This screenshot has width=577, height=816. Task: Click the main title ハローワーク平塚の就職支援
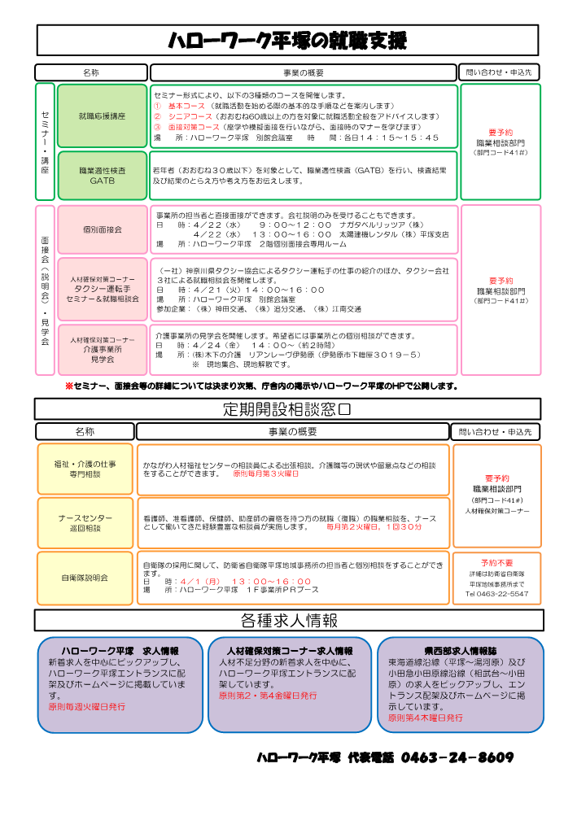pos(287,41)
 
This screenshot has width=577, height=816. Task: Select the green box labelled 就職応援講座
pos(103,116)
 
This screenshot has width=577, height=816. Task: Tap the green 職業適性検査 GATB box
pos(103,176)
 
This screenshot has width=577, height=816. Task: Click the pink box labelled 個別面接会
pos(103,230)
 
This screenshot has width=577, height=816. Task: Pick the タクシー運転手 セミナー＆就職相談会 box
pos(103,289)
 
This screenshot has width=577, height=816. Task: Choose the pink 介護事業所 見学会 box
pos(103,350)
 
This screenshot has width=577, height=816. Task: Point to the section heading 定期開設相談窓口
pos(287,408)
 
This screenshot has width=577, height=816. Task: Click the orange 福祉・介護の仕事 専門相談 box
pos(85,469)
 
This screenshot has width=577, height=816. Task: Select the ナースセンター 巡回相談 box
pos(85,523)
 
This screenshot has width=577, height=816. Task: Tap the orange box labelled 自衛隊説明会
pos(85,578)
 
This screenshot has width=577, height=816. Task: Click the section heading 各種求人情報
pos(287,621)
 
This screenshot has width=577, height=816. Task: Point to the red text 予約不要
pos(496,562)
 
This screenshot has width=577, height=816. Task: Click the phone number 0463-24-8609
pos(457,757)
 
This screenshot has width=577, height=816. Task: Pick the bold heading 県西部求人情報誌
pos(461,651)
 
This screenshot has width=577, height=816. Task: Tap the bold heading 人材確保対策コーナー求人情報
pos(290,651)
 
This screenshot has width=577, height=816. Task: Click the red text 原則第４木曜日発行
pos(426,718)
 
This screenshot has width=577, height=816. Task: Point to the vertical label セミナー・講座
pos(45,142)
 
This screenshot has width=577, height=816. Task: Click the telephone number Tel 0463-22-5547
pos(496,594)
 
